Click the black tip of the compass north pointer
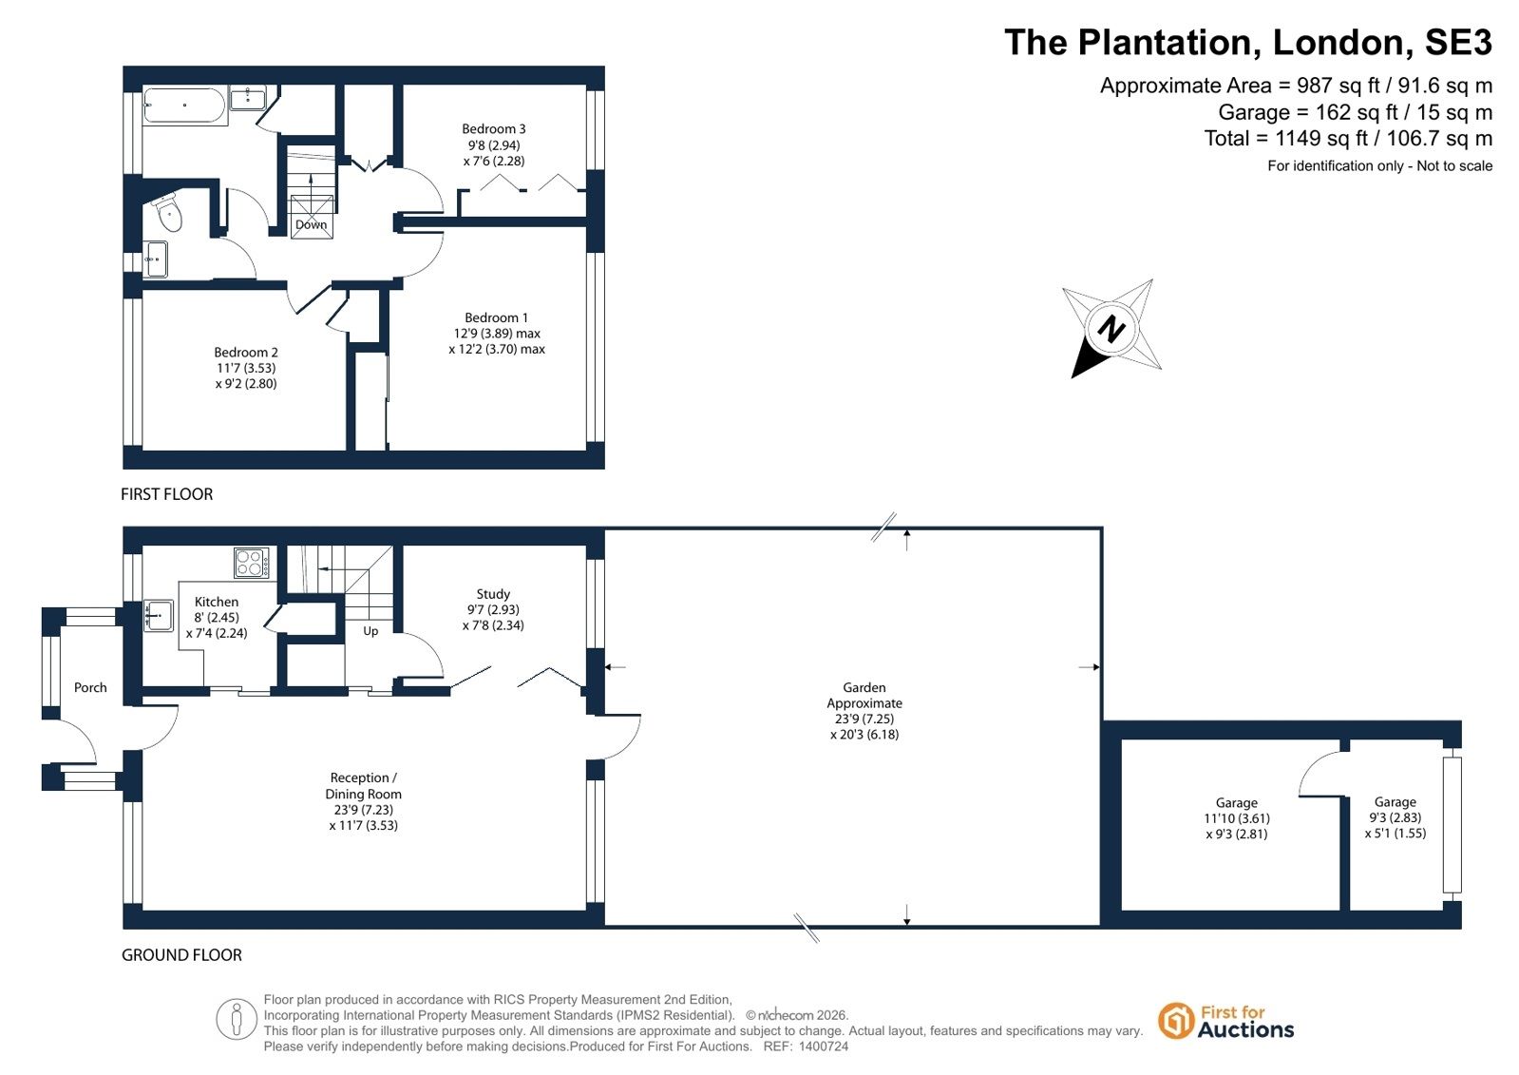pyautogui.click(x=1073, y=377)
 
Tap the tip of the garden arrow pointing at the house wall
pyautogui.click(x=605, y=668)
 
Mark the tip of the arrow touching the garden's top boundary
pyautogui.click(x=907, y=530)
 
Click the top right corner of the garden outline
pyautogui.click(x=1102, y=528)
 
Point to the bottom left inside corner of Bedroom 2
pyautogui.click(x=143, y=450)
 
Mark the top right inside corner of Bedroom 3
pyautogui.click(x=586, y=85)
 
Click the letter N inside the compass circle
pyautogui.click(x=1111, y=329)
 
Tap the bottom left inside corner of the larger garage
pyautogui.click(x=1122, y=910)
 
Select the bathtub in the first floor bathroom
pyautogui.click(x=185, y=106)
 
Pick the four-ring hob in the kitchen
pyautogui.click(x=252, y=563)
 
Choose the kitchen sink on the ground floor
pyautogui.click(x=159, y=616)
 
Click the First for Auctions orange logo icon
pyautogui.click(x=1175, y=1022)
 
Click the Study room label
pyautogui.click(x=493, y=594)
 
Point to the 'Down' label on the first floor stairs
pyautogui.click(x=312, y=224)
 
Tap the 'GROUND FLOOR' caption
pyautogui.click(x=181, y=955)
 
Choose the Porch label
pyautogui.click(x=90, y=687)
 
